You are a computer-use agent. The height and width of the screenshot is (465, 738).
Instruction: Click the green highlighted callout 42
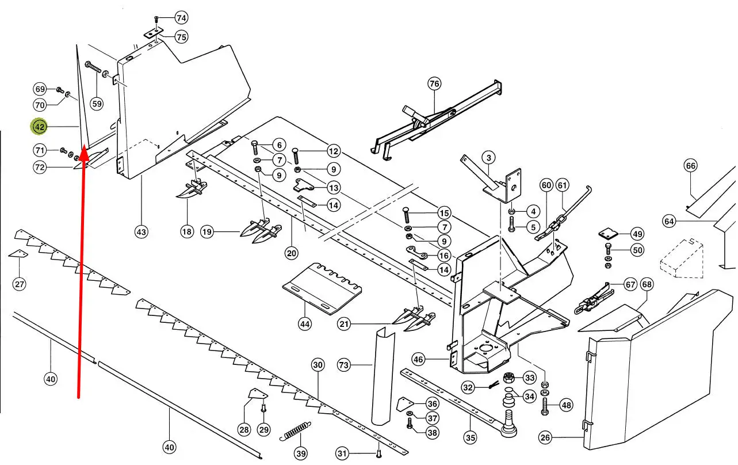(x=39, y=126)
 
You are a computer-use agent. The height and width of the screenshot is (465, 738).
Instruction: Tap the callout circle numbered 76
(x=434, y=84)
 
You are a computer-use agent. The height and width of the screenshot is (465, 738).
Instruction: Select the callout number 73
(x=343, y=365)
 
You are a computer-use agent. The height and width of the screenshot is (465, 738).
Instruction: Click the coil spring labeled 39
(x=296, y=432)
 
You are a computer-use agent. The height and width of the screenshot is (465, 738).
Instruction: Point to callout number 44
(x=305, y=324)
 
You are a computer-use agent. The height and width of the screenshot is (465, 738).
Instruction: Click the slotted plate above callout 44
(x=322, y=288)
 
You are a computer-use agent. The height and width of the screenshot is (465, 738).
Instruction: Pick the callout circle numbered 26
(x=545, y=438)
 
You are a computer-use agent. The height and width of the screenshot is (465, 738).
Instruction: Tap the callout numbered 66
(x=690, y=166)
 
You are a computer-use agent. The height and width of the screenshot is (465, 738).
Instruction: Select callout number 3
(x=488, y=157)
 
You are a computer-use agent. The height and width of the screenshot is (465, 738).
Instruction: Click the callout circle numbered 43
(x=141, y=232)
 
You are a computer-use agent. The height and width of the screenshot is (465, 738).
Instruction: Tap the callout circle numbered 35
(x=471, y=437)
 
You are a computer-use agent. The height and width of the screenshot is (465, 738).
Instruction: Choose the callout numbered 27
(x=20, y=284)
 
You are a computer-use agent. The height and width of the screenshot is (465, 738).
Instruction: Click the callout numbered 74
(x=181, y=17)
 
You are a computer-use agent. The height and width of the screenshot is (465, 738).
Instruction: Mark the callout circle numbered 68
(x=647, y=284)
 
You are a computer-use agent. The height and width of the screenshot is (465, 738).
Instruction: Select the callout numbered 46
(x=418, y=360)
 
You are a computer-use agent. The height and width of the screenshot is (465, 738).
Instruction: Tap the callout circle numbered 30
(x=318, y=364)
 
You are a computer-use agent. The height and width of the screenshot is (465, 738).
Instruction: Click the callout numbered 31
(x=342, y=454)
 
